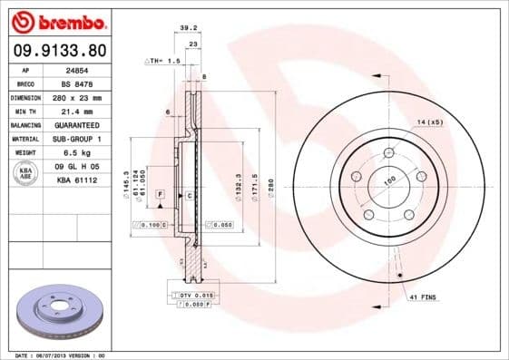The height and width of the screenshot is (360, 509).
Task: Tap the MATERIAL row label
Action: pos(24,138)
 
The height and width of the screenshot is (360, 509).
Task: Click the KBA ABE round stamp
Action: pos(25,173)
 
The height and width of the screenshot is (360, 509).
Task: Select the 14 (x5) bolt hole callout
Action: pos(430,122)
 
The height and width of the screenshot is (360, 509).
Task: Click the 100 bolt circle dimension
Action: pos(390,181)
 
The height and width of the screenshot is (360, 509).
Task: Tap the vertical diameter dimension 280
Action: pos(269,186)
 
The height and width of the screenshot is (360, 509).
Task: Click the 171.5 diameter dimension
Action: pos(256,186)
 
